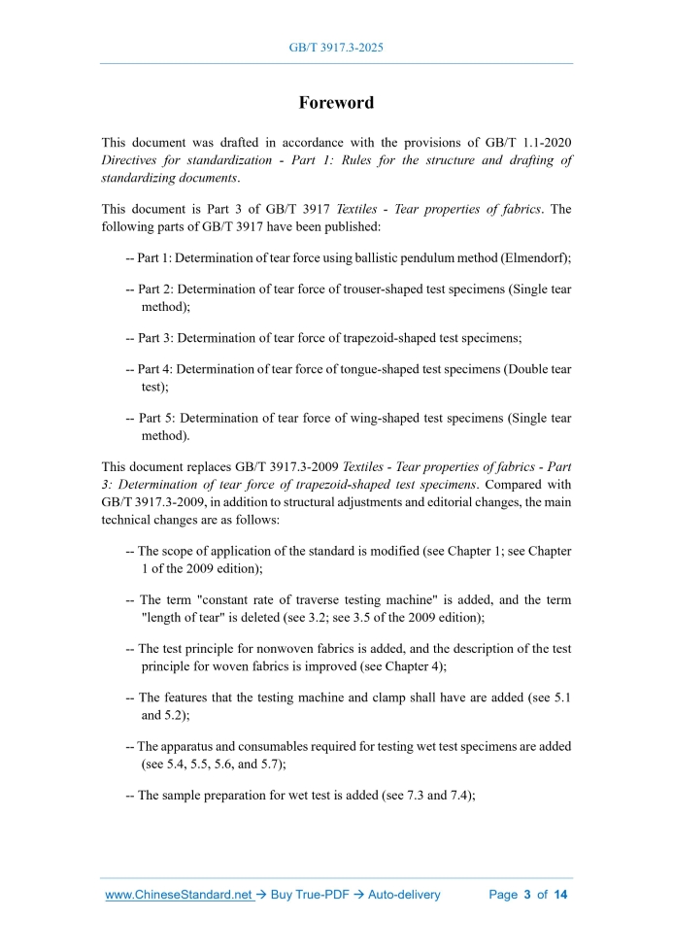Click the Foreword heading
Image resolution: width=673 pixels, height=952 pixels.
pos(336,103)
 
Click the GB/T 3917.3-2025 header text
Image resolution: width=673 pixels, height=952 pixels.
pos(336,47)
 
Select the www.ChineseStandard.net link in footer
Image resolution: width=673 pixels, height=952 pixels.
pos(179,895)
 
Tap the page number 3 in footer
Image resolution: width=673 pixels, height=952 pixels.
pos(527,895)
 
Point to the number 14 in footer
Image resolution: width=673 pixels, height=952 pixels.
pos(559,895)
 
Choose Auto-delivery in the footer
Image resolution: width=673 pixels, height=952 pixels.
pos(404,895)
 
